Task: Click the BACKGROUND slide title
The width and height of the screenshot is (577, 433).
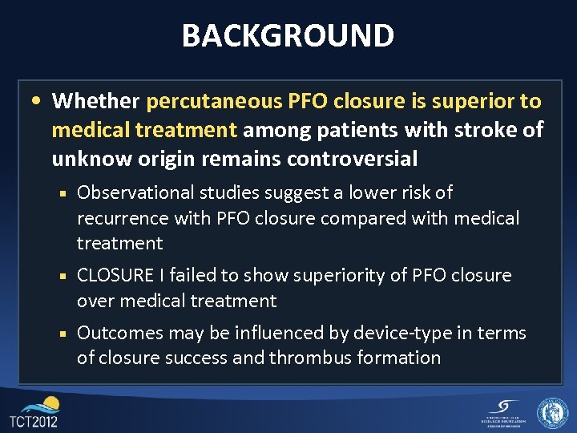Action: (288, 35)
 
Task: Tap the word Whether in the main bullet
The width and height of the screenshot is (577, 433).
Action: (95, 101)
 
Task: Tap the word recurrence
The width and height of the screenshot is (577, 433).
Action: (119, 218)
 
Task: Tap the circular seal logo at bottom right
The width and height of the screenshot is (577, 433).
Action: (552, 413)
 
